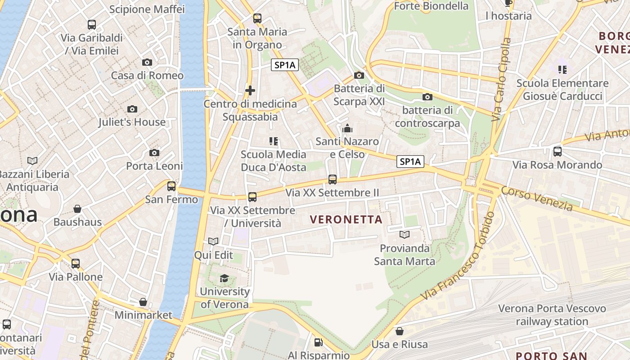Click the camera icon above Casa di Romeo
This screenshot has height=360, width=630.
coord(147,63)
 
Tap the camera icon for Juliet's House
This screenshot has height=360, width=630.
coord(132,109)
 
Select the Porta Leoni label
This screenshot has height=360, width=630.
coord(154,166)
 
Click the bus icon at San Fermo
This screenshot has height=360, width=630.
coord(171,186)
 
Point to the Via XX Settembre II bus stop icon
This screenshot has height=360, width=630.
coord(333,180)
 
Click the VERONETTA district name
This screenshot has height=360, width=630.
coord(346,220)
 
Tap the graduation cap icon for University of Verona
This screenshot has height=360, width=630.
coord(224,279)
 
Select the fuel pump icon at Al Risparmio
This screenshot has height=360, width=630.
coord(318,342)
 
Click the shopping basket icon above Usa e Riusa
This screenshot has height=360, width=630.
coord(400,332)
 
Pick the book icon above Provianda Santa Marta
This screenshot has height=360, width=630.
coord(405,235)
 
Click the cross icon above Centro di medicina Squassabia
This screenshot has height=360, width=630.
coord(250,90)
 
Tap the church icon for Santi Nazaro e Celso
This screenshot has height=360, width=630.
coord(347,129)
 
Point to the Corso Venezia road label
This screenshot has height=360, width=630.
coord(537,199)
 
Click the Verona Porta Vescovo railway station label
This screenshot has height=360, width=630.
coord(552,315)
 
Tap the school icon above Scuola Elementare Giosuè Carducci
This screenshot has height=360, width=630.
coord(562,70)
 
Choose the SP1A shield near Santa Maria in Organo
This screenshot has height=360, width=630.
coord(285,65)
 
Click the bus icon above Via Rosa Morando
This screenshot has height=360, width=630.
coord(558,152)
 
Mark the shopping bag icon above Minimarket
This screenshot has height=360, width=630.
coord(143,302)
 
